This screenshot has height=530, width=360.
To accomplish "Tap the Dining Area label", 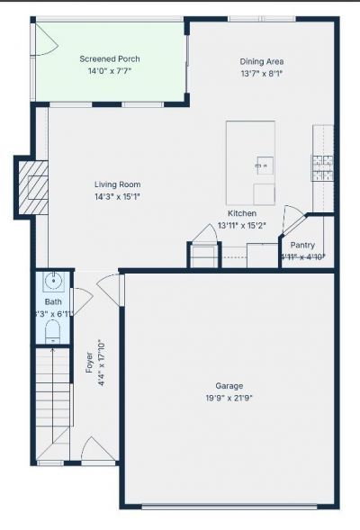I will pos(262,62).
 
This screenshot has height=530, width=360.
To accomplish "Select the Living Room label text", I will pos(117,184).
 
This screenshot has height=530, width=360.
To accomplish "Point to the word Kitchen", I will pos(241,213).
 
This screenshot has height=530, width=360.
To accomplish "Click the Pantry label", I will pos(301,244).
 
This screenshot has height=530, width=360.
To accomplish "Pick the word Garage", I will pos(229,385).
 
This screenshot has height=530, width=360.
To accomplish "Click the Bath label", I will pos(53,302).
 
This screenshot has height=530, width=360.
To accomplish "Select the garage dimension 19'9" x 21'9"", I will pos(229,397).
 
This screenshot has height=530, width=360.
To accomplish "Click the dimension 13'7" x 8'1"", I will pos(262,74).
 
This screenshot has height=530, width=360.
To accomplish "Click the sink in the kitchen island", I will pos(264,165).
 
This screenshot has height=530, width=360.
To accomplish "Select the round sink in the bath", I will pos(53,279).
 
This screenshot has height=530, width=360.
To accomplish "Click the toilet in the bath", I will pos(52,334).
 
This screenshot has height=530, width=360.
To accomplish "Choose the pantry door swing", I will pos(293,220).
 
